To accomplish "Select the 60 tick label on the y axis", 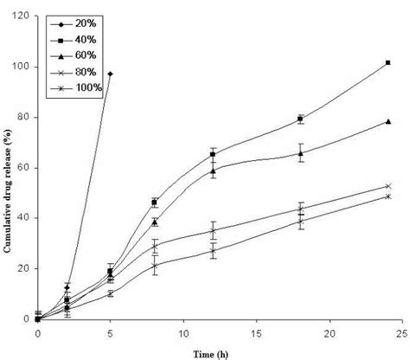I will [x=24, y=168].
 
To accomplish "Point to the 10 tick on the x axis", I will [x=183, y=332].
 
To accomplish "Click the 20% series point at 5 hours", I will [x=110, y=74].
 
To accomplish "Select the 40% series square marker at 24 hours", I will [x=388, y=62].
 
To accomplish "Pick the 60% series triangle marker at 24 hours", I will [x=388, y=121].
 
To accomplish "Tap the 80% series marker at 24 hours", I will [x=388, y=186].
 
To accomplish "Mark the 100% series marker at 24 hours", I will [x=388, y=196].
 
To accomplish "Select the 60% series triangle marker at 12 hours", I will [x=213, y=170].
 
